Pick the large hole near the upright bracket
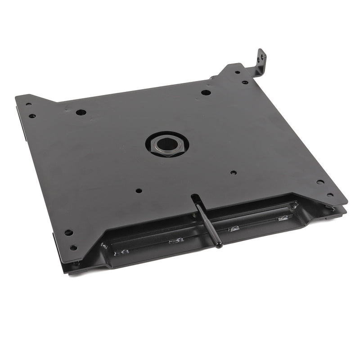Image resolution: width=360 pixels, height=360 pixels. pyautogui.click(x=206, y=93)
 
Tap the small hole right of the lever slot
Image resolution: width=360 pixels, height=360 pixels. pyautogui.click(x=233, y=172)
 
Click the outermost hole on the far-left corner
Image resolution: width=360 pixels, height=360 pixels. pyautogui.click(x=28, y=104)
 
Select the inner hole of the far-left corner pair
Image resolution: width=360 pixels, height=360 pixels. pyautogui.click(x=32, y=116)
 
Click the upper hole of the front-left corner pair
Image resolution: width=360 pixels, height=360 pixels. pyautogui.click(x=68, y=233)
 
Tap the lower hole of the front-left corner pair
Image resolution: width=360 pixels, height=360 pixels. pyautogui.click(x=73, y=247)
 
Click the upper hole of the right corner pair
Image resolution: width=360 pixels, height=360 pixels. pyautogui.click(x=320, y=182)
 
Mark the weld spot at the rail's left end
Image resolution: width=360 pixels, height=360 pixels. pyautogui.click(x=104, y=246)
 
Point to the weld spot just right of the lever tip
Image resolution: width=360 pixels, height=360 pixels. pyautogui.click(x=234, y=229)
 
